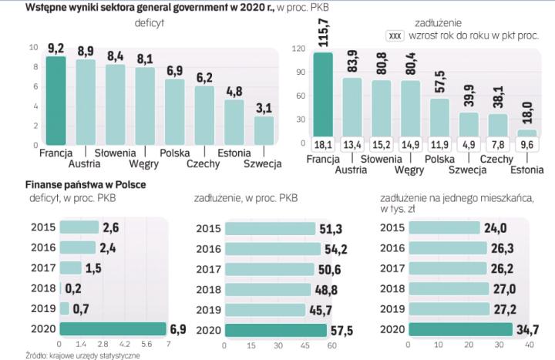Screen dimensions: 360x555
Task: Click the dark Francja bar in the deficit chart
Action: tap(55, 100)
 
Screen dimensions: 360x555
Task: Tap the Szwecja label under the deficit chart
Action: tap(263, 164)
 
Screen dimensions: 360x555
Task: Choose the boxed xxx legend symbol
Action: tap(396, 35)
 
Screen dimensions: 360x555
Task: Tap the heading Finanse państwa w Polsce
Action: tap(86, 186)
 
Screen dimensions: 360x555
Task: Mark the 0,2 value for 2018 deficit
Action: tap(73, 288)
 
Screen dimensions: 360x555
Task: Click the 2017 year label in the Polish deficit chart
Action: tap(44, 267)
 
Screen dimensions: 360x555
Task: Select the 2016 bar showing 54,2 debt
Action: tap(270, 248)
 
